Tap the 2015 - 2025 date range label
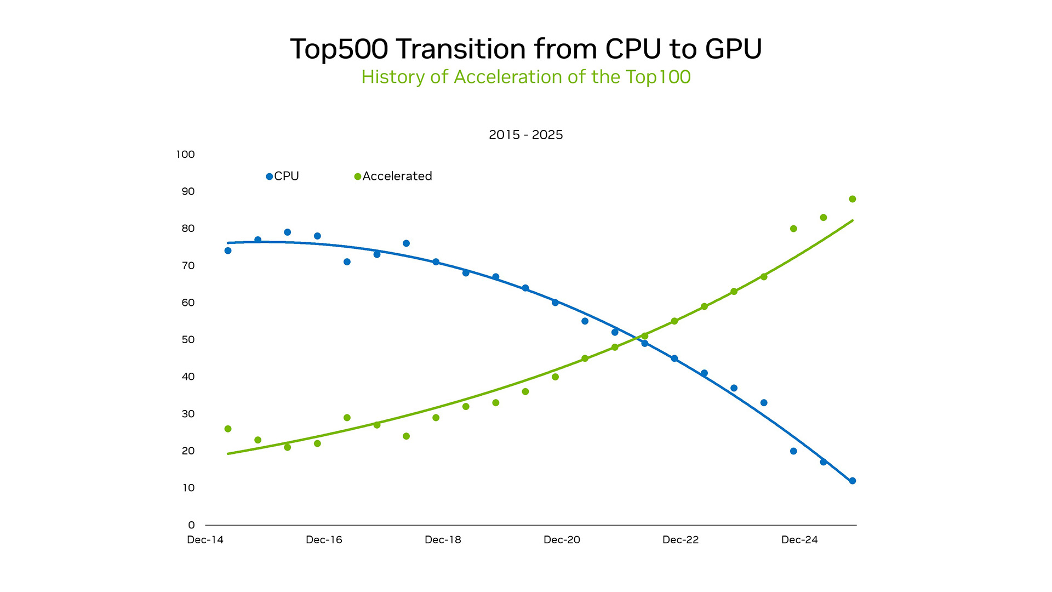tap(525, 135)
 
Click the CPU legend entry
tap(283, 177)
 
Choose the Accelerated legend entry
tap(394, 177)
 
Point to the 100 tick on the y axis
tap(185, 155)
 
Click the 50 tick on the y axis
tap(188, 340)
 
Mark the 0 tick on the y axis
tap(191, 525)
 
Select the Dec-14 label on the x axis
tap(205, 540)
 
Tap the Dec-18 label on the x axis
tap(443, 540)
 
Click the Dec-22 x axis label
tap(681, 540)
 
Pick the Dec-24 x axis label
tap(799, 540)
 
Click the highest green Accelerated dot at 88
tap(852, 199)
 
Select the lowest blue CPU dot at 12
tap(852, 481)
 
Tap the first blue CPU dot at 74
tap(228, 251)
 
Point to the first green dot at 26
tap(228, 429)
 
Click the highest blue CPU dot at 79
tap(287, 232)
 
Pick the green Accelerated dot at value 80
tap(793, 229)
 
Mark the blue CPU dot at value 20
tap(793, 451)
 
